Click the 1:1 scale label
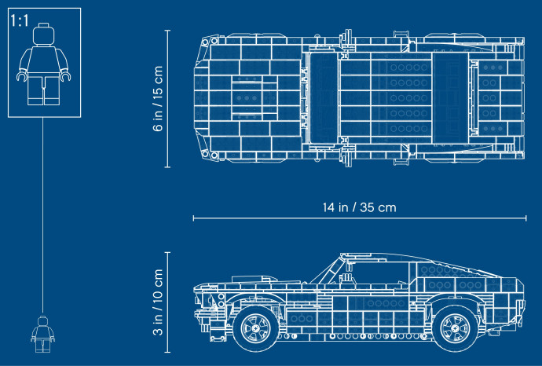coord(20,21)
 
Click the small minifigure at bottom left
coord(42,334)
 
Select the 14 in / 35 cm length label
coord(359,207)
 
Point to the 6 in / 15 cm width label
coord(158,98)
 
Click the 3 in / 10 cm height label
coord(158,302)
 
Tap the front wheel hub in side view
coord(256,328)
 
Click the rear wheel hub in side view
coord(456,328)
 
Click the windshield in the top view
coord(323,98)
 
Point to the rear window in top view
coord(450,98)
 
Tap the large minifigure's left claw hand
coord(22,75)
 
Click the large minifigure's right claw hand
coord(65,75)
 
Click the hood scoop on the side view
coord(255,279)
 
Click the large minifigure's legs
coord(43,90)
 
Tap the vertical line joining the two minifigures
coord(43,215)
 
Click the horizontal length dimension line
coord(360,218)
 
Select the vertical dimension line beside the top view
coord(167,98)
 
